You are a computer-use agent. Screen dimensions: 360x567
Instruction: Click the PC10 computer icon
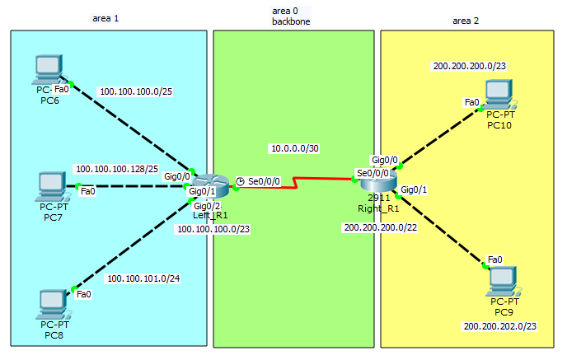click(499, 94)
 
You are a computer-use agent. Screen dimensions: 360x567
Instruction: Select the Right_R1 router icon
click(378, 180)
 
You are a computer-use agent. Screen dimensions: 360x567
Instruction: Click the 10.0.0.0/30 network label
click(294, 148)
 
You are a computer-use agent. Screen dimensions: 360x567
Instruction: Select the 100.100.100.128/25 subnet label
click(117, 169)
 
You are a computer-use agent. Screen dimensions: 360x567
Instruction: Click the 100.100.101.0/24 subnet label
click(143, 278)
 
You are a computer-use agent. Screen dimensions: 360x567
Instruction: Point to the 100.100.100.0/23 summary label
click(213, 229)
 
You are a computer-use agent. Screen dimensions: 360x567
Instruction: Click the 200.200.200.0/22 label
click(380, 227)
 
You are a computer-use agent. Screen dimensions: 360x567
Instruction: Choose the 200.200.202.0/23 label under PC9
click(500, 327)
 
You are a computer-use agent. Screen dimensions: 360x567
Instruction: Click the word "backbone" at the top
click(291, 20)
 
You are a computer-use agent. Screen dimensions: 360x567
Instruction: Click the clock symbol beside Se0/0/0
click(240, 180)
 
